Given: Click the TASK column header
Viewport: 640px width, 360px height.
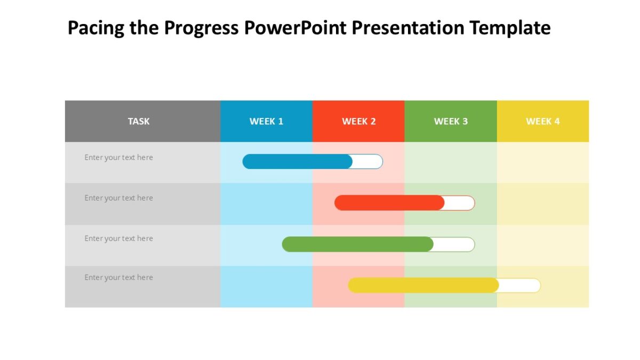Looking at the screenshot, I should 139,121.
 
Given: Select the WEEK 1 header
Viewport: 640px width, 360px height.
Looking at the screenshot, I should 266,121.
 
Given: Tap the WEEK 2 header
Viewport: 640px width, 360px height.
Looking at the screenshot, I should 358,121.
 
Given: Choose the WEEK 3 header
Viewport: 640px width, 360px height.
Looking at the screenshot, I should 451,121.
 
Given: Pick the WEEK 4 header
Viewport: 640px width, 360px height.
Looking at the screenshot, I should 543,121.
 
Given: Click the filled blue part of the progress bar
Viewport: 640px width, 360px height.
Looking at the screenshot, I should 297,162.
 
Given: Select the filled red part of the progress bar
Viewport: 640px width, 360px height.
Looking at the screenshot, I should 389,203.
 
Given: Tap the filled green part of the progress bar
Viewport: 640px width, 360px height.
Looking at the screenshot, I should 357,244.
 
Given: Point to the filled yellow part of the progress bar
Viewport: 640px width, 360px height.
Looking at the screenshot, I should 423,285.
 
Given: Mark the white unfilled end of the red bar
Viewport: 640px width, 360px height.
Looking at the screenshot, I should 459,203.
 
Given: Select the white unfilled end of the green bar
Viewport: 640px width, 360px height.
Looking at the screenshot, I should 454,244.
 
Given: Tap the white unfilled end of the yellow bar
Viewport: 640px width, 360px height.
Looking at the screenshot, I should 519,285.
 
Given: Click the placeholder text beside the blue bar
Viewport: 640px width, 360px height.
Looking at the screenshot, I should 118,158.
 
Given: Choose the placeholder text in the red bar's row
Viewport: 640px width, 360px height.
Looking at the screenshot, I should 118,198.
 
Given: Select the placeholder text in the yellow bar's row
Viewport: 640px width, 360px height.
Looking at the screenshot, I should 118,278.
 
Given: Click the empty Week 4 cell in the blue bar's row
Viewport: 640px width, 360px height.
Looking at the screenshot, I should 543,162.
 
